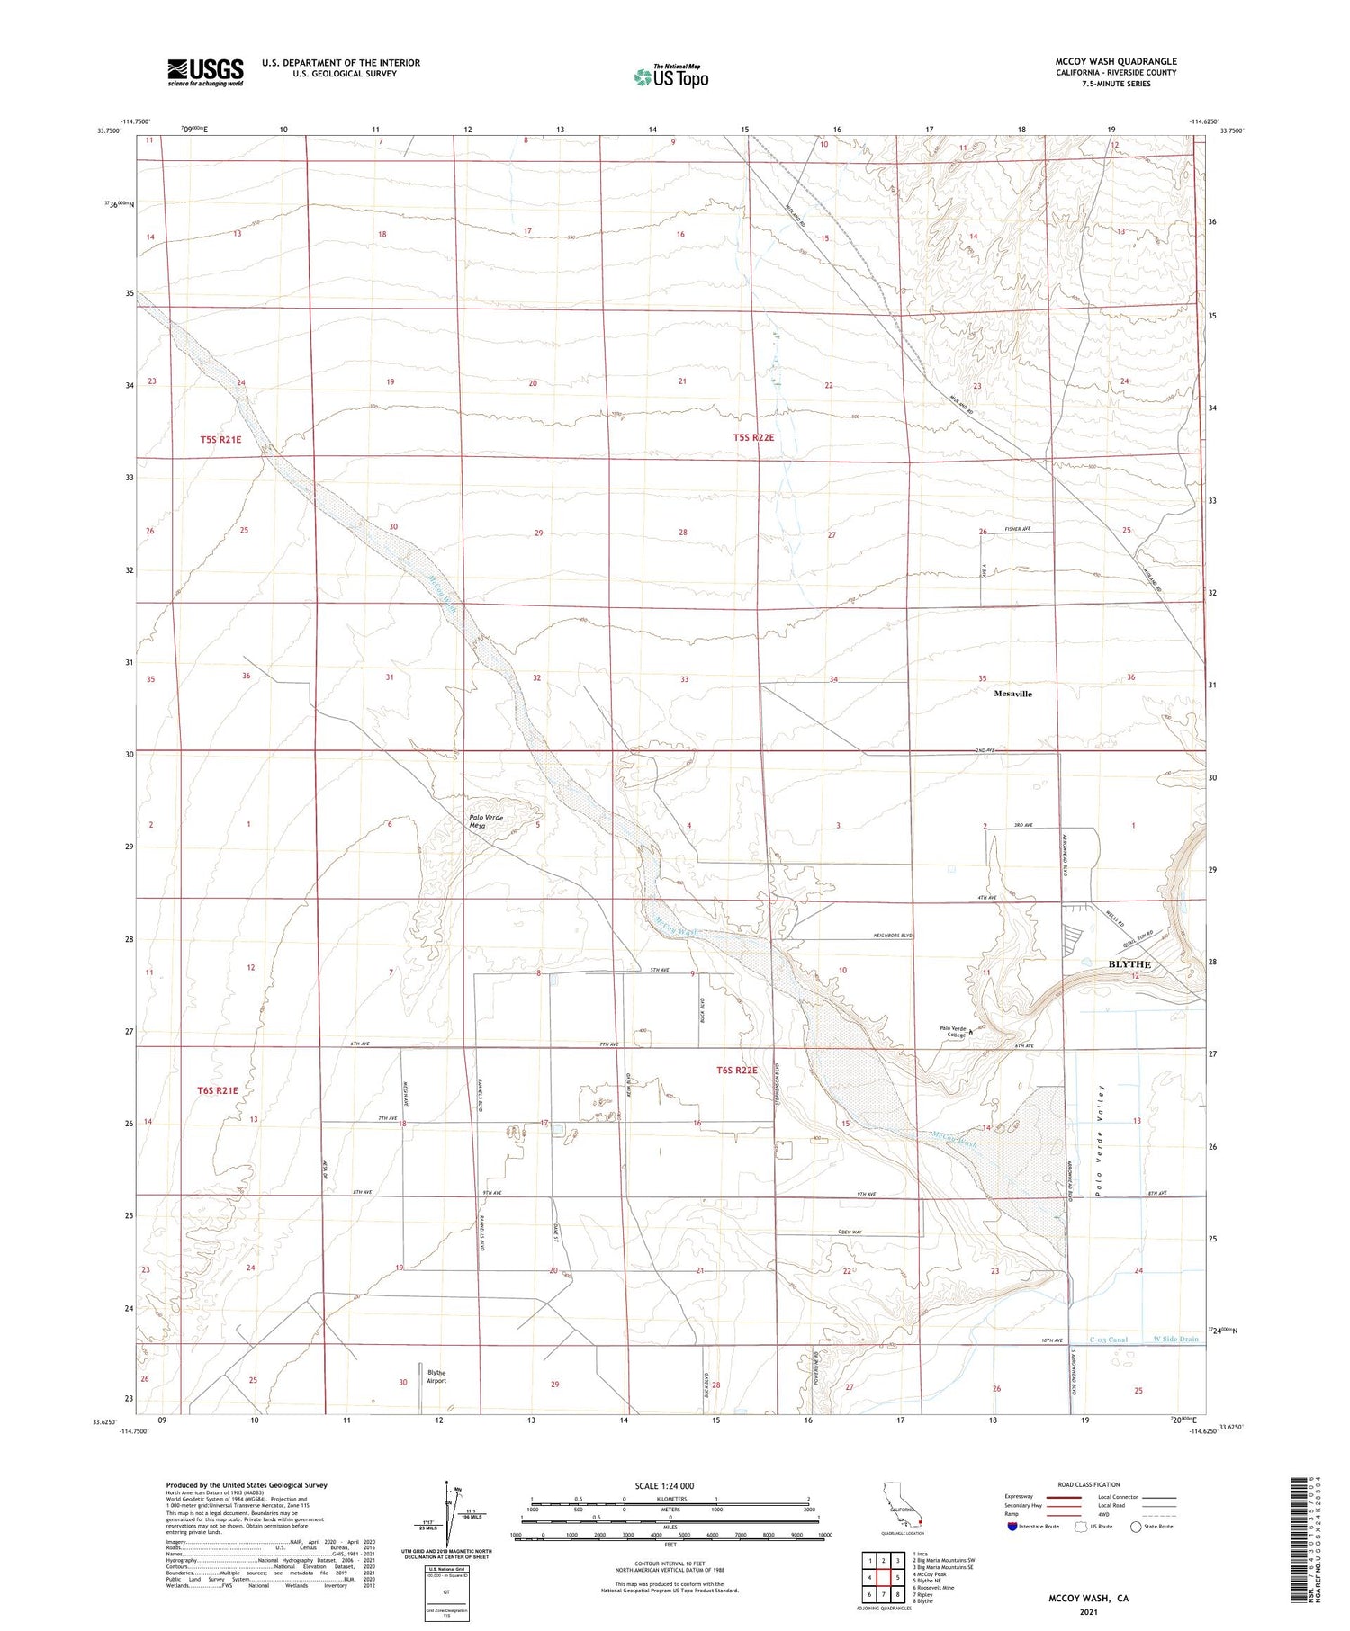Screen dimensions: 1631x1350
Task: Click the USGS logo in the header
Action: [x=205, y=72]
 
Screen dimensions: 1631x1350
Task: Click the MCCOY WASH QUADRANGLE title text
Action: [x=1115, y=61]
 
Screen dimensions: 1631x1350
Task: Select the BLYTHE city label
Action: [x=1129, y=964]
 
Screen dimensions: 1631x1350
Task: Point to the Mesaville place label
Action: [x=1012, y=694]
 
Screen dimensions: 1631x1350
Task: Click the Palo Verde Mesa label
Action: [x=486, y=820]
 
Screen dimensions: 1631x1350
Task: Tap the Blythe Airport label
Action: [x=436, y=1376]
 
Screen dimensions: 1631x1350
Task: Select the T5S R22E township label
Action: [x=753, y=437]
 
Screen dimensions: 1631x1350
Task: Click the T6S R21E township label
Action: [x=218, y=1090]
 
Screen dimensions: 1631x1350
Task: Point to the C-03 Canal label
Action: [x=1108, y=1340]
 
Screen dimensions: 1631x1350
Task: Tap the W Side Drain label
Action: [x=1175, y=1340]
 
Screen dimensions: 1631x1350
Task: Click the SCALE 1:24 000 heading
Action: [x=664, y=1485]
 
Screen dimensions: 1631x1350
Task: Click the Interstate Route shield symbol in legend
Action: [x=1012, y=1527]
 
